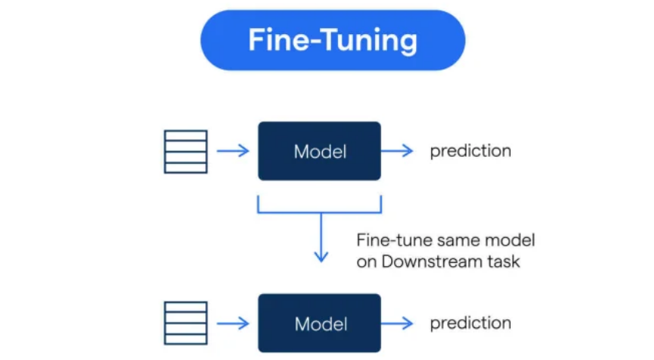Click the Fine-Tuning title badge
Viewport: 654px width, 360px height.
[332, 40]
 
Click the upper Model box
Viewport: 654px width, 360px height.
[319, 151]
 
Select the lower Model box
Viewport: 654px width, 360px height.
[319, 324]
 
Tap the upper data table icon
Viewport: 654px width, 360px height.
[186, 152]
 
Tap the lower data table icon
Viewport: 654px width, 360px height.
[186, 324]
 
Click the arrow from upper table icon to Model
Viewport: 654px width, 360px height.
[233, 151]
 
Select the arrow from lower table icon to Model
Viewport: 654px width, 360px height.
[233, 324]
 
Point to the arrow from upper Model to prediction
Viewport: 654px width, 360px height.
[398, 151]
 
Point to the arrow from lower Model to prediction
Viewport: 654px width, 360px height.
[398, 324]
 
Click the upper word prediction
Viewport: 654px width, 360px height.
[471, 151]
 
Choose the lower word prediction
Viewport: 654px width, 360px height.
[471, 324]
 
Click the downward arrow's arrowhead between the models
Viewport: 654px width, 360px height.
[321, 255]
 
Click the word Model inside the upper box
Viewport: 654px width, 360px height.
[320, 152]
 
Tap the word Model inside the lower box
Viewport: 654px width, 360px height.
[320, 324]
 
